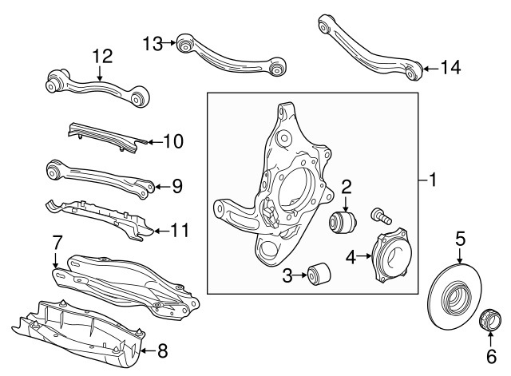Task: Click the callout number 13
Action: [153, 44]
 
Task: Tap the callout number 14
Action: [450, 68]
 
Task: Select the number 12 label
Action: [103, 57]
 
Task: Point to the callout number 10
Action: [173, 141]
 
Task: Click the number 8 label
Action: [162, 351]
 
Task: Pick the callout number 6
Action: [492, 356]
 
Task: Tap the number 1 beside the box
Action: [433, 180]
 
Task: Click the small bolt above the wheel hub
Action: [381, 216]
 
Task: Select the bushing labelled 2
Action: [343, 222]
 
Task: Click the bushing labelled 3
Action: [319, 275]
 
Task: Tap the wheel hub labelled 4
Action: [391, 255]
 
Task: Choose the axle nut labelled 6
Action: [490, 319]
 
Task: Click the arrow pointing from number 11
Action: [161, 231]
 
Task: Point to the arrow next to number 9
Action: [161, 187]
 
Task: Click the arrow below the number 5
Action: [460, 255]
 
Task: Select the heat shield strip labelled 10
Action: [107, 138]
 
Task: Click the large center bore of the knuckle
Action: [296, 188]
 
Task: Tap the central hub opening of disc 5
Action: [455, 298]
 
